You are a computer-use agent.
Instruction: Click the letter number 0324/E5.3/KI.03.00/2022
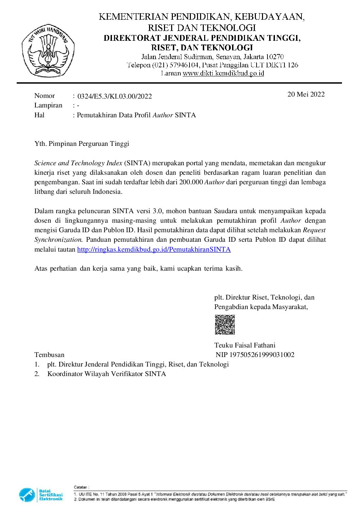[115, 96]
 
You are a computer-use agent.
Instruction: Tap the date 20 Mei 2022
[306, 94]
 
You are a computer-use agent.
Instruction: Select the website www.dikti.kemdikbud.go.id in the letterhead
[223, 73]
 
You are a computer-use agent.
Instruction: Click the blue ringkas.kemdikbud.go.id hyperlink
[154, 249]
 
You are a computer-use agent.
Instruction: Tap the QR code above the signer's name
[225, 325]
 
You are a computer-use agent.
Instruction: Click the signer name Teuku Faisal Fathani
[245, 345]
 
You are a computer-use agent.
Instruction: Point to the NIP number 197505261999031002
[262, 355]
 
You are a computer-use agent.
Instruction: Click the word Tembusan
[49, 355]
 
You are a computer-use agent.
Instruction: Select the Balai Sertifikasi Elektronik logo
[41, 495]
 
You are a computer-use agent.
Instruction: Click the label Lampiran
[48, 105]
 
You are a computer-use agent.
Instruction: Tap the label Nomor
[45, 96]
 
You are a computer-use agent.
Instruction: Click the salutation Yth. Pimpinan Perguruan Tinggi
[82, 143]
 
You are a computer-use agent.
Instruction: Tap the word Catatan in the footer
[81, 487]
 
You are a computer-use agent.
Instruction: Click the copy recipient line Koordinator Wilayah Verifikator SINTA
[107, 374]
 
